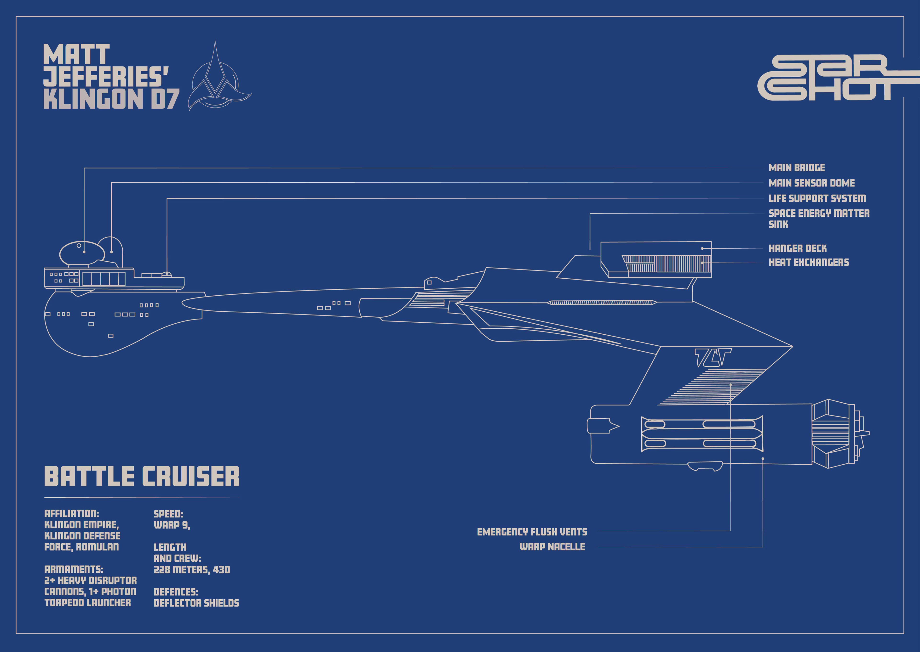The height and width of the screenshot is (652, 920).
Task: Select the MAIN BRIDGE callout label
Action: (797, 168)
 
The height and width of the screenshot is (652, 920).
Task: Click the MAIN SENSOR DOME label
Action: (811, 183)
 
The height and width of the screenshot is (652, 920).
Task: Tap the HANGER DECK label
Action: (798, 248)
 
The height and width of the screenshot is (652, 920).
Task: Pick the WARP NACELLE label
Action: (552, 547)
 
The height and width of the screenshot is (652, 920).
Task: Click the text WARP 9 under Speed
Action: (172, 525)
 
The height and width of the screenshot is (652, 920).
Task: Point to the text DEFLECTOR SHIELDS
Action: (196, 603)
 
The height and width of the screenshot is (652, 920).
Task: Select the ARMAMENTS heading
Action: (74, 569)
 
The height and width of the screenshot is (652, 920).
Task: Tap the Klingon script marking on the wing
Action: (713, 357)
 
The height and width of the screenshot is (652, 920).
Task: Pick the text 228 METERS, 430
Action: (192, 570)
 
